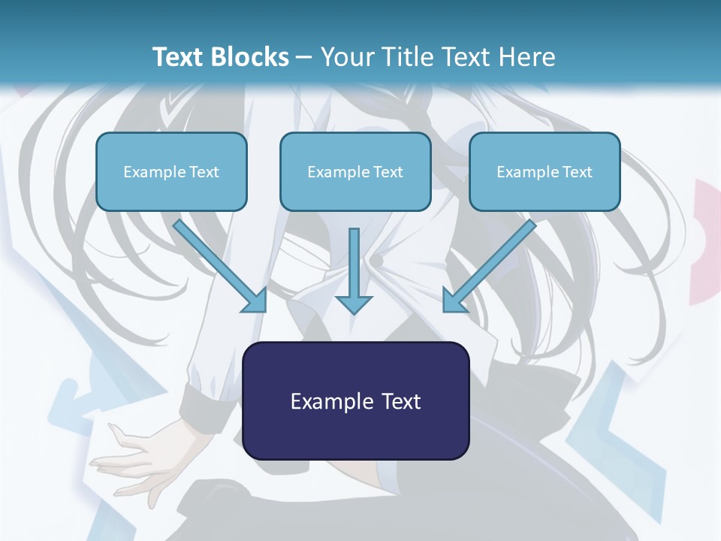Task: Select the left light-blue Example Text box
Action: [171, 171]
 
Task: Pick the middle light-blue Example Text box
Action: [355, 171]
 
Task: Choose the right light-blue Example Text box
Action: [545, 171]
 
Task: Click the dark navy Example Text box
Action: [355, 400]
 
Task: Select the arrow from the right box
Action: [492, 263]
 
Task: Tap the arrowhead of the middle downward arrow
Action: [354, 304]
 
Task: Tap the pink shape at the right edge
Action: [706, 240]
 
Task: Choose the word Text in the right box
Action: [578, 171]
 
